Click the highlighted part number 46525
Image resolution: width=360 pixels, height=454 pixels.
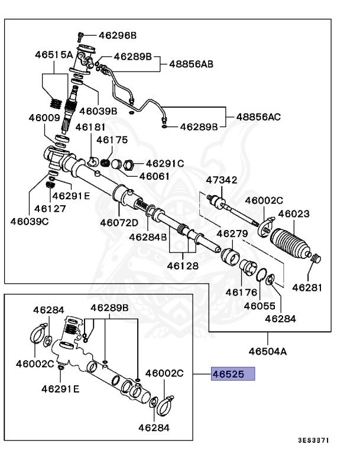(x=233, y=374)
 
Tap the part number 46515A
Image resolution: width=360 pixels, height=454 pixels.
(x=54, y=55)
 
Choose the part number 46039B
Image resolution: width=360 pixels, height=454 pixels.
(x=99, y=110)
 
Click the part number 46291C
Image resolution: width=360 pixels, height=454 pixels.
(x=165, y=163)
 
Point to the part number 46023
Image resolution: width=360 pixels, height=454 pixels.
(x=294, y=214)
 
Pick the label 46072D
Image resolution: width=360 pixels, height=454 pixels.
(x=119, y=223)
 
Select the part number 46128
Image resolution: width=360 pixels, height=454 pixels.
(x=182, y=267)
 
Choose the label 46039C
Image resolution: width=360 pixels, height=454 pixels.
(x=30, y=221)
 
